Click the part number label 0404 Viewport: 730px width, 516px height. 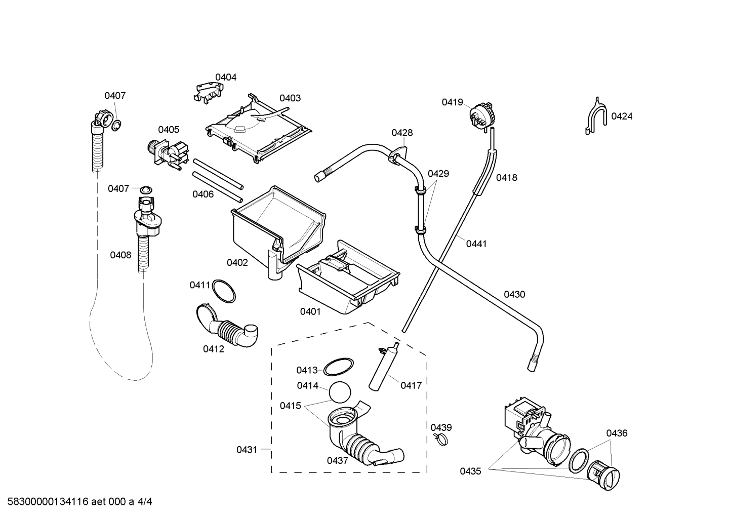click(x=226, y=77)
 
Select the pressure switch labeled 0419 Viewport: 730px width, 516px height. click(x=481, y=114)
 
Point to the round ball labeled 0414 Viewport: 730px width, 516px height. click(x=340, y=392)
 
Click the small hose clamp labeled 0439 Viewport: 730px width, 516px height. click(x=440, y=440)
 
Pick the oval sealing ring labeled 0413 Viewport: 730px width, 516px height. click(x=338, y=367)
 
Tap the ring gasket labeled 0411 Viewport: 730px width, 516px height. click(x=224, y=291)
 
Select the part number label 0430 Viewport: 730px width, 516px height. click(x=514, y=294)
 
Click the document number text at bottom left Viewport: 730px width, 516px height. click(x=79, y=501)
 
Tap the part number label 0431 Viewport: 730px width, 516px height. click(x=247, y=450)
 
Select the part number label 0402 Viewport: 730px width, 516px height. click(x=237, y=262)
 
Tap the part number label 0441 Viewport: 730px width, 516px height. click(x=476, y=244)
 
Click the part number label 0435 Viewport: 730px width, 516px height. click(x=471, y=471)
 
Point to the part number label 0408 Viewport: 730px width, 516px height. click(x=120, y=255)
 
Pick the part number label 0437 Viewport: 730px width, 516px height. click(x=338, y=461)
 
